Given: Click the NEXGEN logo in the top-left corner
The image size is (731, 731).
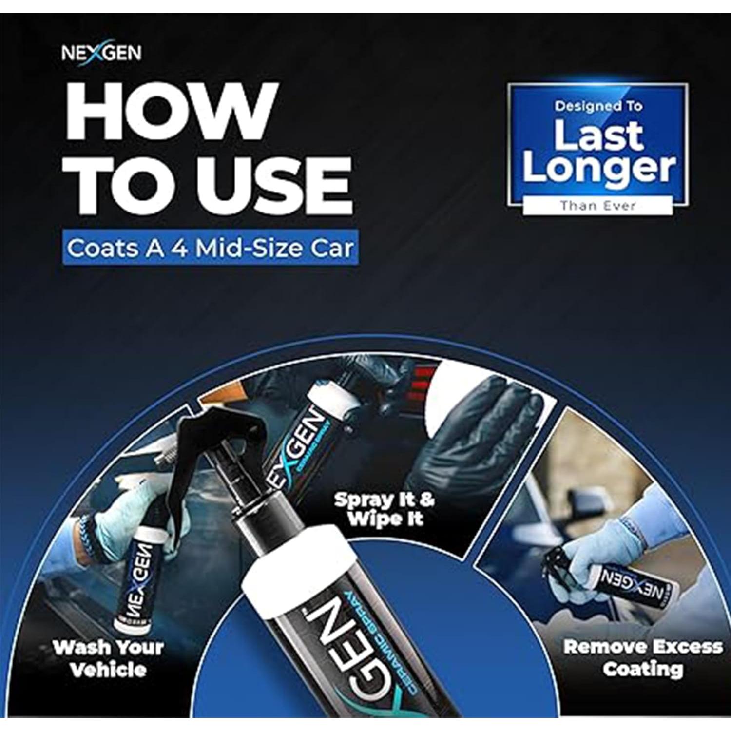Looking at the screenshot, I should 101,53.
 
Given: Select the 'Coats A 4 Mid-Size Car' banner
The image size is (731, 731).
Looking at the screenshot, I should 210,248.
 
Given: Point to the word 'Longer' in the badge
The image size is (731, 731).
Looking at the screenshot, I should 598,168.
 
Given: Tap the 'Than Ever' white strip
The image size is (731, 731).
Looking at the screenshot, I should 597,205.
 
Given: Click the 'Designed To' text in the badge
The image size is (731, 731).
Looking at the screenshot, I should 598,107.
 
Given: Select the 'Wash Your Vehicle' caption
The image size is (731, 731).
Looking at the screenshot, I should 108,658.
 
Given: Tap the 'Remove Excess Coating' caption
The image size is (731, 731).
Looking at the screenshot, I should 642,657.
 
